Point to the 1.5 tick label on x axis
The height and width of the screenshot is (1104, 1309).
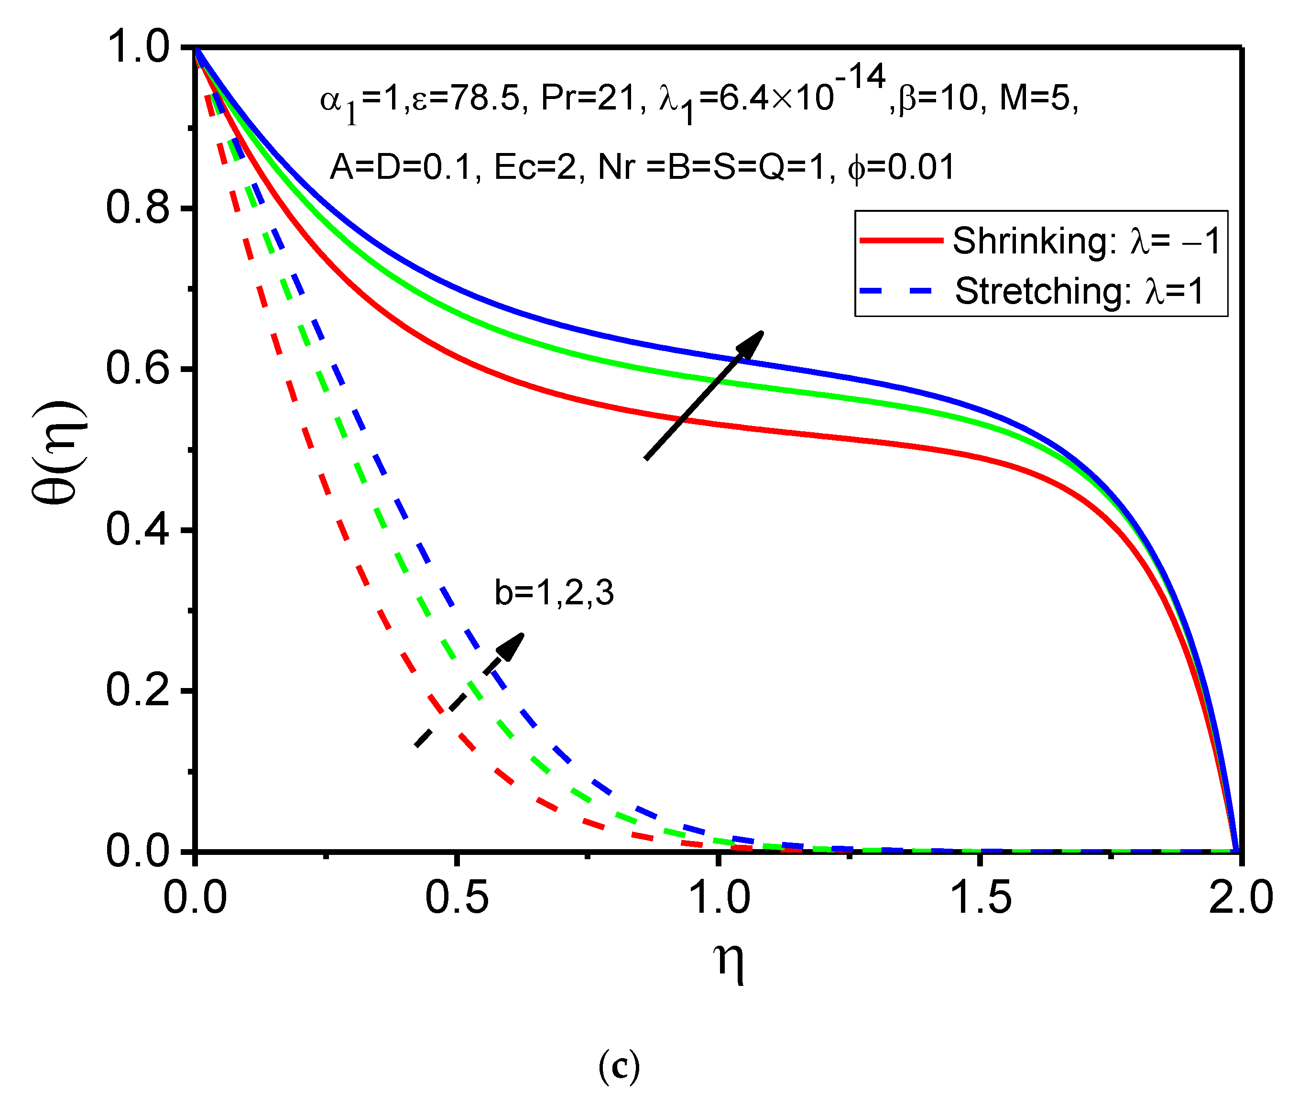point(980,897)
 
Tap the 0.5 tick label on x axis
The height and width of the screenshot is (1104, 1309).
point(457,897)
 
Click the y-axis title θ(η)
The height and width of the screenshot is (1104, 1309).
point(61,452)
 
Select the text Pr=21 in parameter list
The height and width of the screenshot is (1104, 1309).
point(588,98)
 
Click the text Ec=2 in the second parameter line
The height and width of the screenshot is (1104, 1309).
point(539,167)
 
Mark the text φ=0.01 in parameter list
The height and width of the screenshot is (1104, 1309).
point(901,167)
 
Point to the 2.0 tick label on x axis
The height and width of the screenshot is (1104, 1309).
point(1240,897)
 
